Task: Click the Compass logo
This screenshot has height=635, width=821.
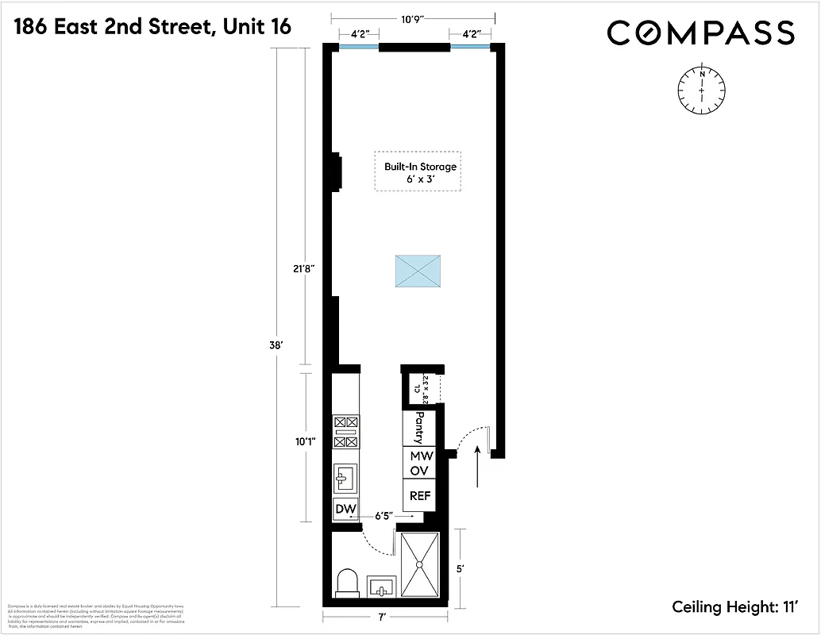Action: (x=700, y=33)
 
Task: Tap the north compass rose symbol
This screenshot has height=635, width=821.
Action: (x=702, y=90)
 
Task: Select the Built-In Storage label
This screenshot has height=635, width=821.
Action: (x=420, y=173)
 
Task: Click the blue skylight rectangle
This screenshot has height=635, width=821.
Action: (x=418, y=271)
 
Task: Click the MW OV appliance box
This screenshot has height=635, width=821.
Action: (x=419, y=463)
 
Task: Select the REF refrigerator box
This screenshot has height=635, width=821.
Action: (x=419, y=496)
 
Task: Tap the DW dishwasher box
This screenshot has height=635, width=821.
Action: (x=345, y=509)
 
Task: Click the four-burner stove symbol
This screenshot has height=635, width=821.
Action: (x=346, y=432)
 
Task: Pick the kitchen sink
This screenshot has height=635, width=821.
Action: (x=346, y=477)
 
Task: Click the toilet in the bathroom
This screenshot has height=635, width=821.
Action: (x=348, y=583)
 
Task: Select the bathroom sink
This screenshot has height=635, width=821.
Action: (x=381, y=588)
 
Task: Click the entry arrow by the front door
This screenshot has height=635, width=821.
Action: (x=477, y=464)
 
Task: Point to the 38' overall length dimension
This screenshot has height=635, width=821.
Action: (x=277, y=345)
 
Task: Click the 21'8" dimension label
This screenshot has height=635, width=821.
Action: (x=304, y=268)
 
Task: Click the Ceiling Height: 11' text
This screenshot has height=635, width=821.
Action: (x=734, y=607)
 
